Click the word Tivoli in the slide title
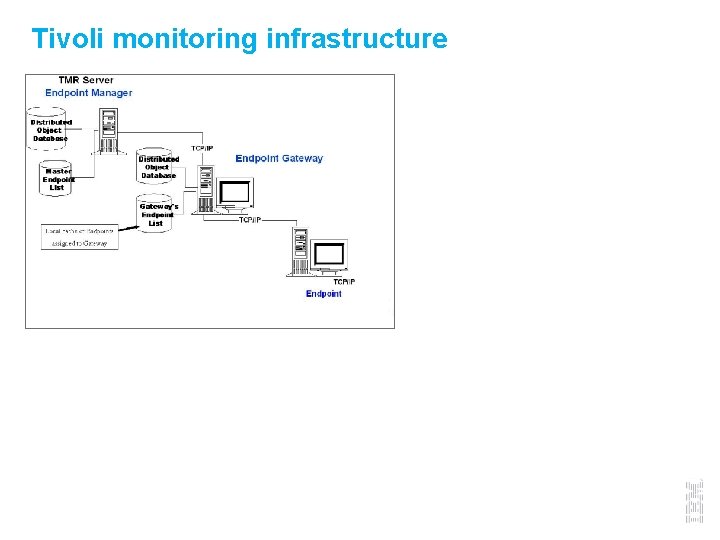pyautogui.click(x=67, y=39)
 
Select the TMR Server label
pyautogui.click(x=85, y=80)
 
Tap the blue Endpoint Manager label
pyautogui.click(x=88, y=93)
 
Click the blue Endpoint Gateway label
pyautogui.click(x=279, y=158)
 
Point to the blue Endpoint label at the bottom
pyautogui.click(x=323, y=294)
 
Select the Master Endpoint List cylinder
pyautogui.click(x=56, y=178)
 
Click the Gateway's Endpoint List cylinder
pyautogui.click(x=157, y=213)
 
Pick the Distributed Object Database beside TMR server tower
pyautogui.click(x=49, y=131)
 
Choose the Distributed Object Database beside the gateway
pyautogui.click(x=158, y=167)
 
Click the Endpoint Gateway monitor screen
pyautogui.click(x=237, y=193)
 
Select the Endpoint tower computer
pyautogui.click(x=299, y=251)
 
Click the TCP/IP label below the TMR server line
pyautogui.click(x=202, y=148)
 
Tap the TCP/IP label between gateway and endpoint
pyautogui.click(x=250, y=220)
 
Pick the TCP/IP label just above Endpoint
pyautogui.click(x=344, y=282)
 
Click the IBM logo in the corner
pyautogui.click(x=694, y=501)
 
